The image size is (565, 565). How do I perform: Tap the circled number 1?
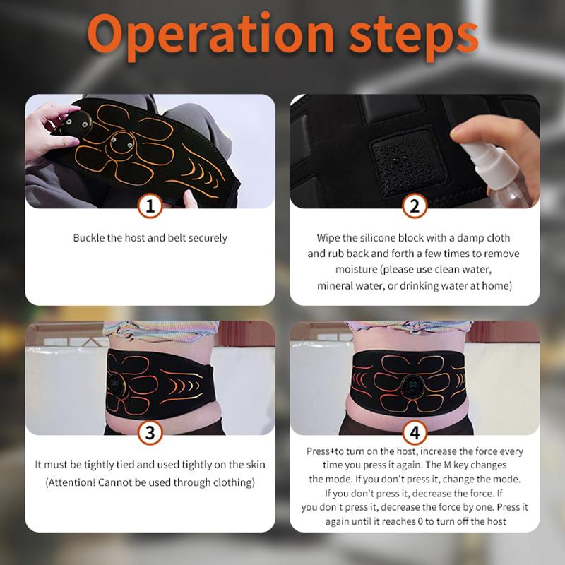click(150, 206)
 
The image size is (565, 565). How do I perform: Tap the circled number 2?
click(415, 206)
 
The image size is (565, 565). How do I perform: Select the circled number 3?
click(150, 432)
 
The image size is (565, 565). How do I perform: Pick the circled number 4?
click(415, 432)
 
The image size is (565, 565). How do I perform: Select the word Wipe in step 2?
click(328, 238)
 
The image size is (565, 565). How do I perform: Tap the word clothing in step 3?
click(230, 482)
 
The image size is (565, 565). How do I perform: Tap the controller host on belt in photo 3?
click(117, 386)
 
